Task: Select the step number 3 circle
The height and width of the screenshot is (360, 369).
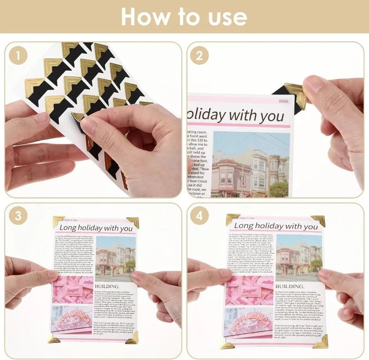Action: (x=18, y=216)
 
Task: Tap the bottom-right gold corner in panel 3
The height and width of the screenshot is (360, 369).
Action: (x=132, y=338)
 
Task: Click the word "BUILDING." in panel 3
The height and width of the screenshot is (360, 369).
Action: (x=107, y=286)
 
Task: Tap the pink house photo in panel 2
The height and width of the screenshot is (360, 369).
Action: (x=250, y=164)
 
